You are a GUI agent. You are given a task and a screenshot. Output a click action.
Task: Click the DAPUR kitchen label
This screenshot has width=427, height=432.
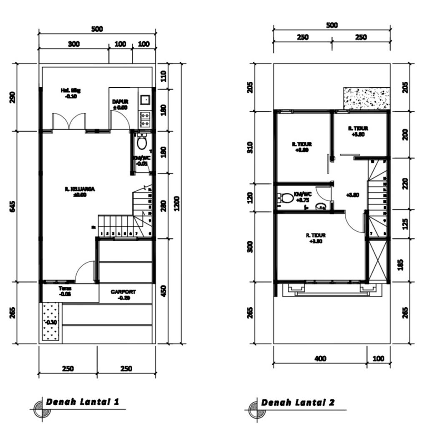(x=120, y=101)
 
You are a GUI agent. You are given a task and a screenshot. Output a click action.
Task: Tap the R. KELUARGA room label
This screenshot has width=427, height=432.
(x=80, y=189)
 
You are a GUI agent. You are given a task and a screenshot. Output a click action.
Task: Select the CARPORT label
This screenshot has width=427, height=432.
(x=123, y=292)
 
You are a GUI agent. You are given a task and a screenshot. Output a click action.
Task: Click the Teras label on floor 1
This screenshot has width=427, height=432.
(x=65, y=288)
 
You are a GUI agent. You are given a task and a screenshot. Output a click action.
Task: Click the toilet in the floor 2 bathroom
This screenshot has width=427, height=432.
(x=286, y=197)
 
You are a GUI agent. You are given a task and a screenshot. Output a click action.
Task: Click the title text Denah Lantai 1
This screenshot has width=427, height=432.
(x=83, y=402)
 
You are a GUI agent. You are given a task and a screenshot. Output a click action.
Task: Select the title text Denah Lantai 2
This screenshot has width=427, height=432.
(x=297, y=402)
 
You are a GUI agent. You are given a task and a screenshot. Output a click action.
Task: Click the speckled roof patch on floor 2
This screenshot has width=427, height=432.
(x=367, y=99)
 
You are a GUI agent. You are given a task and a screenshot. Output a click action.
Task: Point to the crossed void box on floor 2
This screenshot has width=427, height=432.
(x=378, y=260)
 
